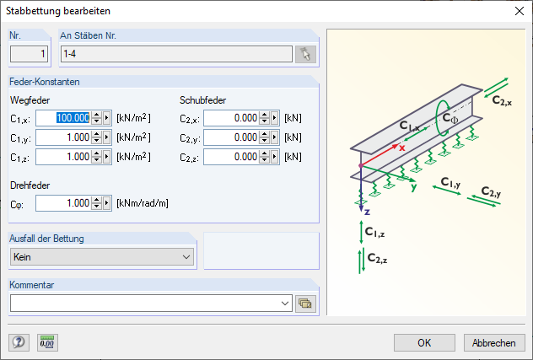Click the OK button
[x=425, y=342]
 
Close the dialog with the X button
[x=518, y=12]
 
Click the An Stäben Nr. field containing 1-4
[x=176, y=55]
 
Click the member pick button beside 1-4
[x=305, y=55]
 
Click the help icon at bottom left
[x=19, y=342]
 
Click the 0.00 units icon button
[x=47, y=342]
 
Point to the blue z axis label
[x=367, y=211]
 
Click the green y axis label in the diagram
[x=415, y=187]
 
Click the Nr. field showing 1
[x=30, y=55]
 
